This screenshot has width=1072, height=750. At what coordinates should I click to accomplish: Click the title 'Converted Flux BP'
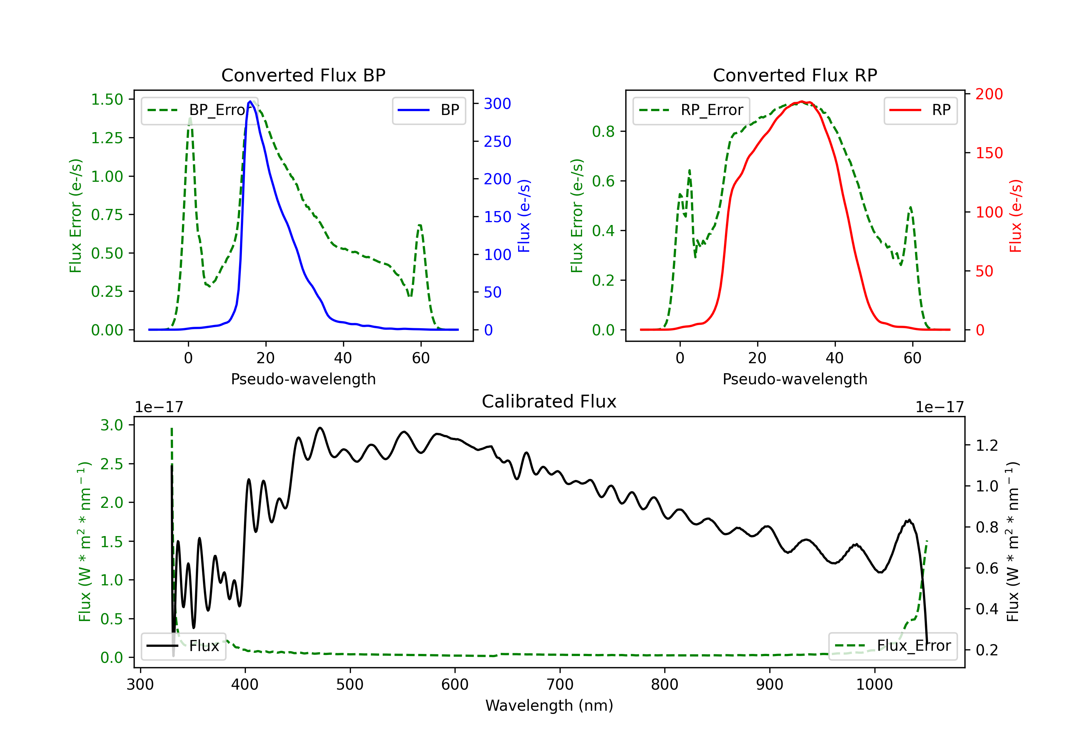tap(303, 75)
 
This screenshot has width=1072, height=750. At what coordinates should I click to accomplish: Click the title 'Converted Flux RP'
tap(795, 75)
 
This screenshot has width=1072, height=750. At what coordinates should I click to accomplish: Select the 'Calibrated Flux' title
tap(549, 401)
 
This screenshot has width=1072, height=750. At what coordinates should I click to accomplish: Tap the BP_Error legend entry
tap(197, 110)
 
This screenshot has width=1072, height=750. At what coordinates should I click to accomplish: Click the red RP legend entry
tap(920, 110)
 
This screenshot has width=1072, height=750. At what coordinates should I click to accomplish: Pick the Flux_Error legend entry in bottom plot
tap(892, 646)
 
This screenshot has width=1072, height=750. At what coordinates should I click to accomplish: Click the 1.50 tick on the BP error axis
tap(107, 99)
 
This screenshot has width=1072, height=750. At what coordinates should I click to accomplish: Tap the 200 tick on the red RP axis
tap(989, 94)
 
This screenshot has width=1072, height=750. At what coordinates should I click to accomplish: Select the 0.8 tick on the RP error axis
tap(603, 132)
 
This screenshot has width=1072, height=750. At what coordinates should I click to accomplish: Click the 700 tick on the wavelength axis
tap(560, 685)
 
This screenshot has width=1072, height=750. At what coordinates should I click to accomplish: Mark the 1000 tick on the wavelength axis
tap(874, 685)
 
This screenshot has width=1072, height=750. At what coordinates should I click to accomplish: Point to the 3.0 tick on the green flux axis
tap(111, 425)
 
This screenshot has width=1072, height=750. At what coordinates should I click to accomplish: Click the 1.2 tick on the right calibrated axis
tap(987, 446)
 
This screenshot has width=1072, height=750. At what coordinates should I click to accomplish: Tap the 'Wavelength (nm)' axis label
tap(549, 706)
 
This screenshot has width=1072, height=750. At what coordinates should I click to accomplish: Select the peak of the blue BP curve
tap(250, 101)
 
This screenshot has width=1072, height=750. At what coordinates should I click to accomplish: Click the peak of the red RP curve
tap(801, 101)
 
